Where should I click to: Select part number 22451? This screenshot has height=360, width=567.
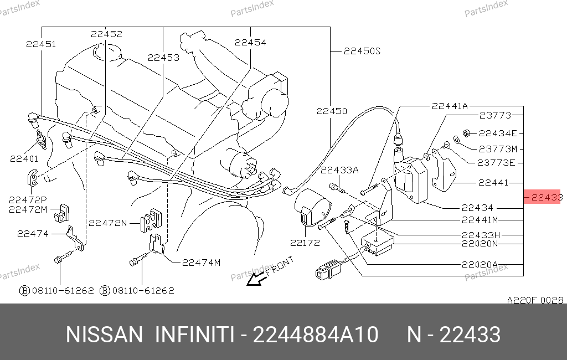[41, 44]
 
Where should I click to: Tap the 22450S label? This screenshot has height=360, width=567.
[362, 51]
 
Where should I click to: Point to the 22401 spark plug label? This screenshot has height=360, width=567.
[24, 158]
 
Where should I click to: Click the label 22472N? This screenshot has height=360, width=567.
[108, 223]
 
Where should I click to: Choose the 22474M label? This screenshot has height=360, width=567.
[201, 263]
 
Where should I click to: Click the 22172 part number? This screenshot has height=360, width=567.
[305, 243]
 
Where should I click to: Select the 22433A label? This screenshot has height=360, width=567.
[339, 170]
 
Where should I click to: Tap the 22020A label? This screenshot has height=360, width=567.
[480, 265]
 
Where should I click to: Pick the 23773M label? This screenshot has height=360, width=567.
[498, 148]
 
